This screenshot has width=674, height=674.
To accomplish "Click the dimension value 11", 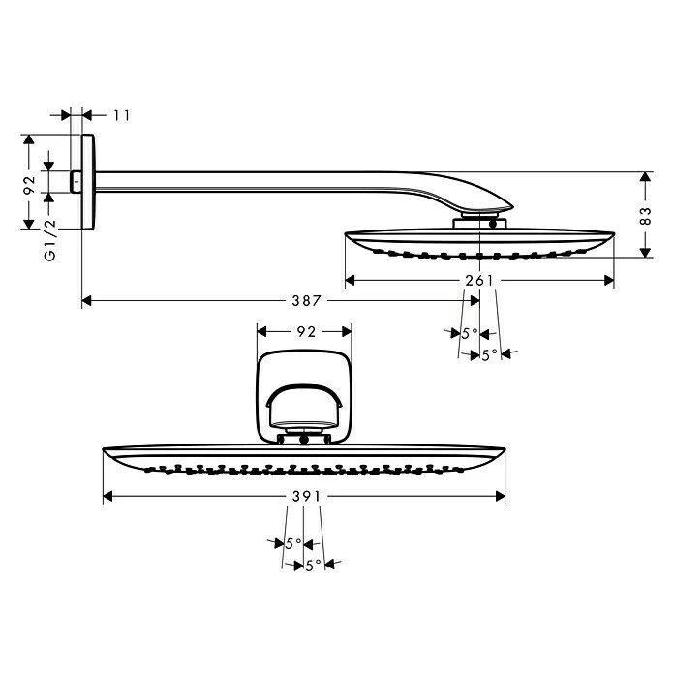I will tap(121, 115).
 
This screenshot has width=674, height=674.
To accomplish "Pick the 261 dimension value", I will tap(480, 281).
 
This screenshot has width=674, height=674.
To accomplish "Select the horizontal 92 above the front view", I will tap(305, 331).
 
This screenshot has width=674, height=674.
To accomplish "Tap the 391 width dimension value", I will tap(305, 496).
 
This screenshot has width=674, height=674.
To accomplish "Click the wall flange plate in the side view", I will tap(89, 181).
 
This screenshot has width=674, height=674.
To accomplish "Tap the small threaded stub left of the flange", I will tap(76, 181).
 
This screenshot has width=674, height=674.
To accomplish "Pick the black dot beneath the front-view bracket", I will tap(305, 440).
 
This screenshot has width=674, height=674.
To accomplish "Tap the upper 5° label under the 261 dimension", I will tap(469, 333).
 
